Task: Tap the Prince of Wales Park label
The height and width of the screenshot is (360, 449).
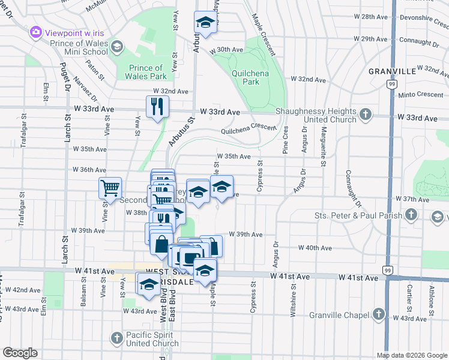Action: pyautogui.click(x=145, y=72)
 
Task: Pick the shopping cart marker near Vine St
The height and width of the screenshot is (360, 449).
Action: pyautogui.click(x=110, y=188)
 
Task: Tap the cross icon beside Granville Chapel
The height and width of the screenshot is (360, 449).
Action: pyautogui.click(x=378, y=314)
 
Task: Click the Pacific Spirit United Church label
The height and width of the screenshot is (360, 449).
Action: pyautogui.click(x=152, y=338)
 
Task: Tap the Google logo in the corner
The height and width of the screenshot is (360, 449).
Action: pyautogui.click(x=20, y=353)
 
